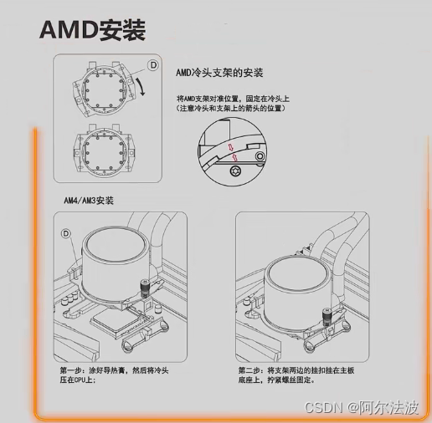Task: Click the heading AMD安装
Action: coord(92,30)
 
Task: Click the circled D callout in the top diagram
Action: coord(153,65)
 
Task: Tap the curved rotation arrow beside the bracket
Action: coord(141,86)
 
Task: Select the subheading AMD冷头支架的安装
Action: coord(219,73)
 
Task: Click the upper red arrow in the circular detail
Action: coord(231,147)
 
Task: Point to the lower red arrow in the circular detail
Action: coord(235,158)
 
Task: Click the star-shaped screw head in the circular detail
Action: coord(235,171)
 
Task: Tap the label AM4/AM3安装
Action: coord(89,201)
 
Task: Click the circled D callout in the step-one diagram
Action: coord(66,233)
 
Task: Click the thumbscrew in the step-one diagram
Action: coord(145,289)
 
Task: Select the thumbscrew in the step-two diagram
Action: coord(326,316)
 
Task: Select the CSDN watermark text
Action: coord(323,407)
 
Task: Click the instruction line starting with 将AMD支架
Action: coord(233,99)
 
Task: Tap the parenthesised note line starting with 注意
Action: coord(231,108)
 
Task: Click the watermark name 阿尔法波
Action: coord(388,407)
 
